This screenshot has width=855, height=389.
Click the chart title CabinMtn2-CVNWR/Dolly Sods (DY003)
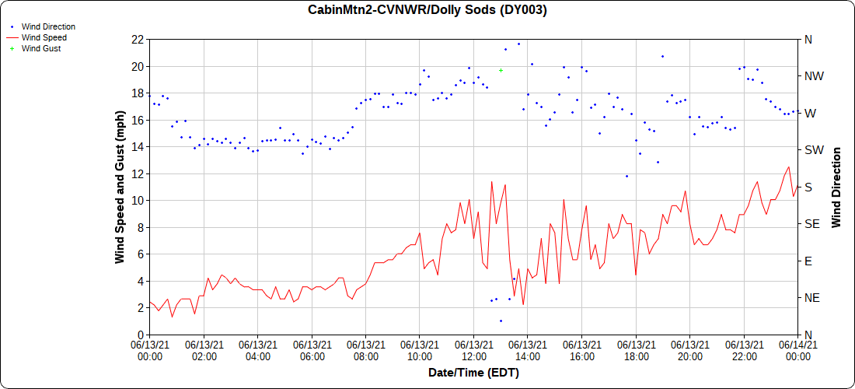427,10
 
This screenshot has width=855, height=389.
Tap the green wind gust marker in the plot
501,71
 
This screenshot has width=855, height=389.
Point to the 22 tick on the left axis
137,40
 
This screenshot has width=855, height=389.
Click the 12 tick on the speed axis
137,173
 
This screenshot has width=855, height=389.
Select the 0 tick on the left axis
140,335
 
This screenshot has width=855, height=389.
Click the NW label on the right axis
814,76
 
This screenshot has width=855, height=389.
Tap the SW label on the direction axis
814,150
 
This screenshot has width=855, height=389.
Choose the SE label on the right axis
812,224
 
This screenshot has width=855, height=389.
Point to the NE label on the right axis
812,298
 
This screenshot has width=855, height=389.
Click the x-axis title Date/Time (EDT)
473,373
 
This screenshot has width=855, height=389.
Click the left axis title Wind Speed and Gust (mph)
120,187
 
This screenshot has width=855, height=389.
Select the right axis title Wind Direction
836,187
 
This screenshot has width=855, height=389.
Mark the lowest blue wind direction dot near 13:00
501,321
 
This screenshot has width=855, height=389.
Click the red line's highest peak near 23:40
789,166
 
